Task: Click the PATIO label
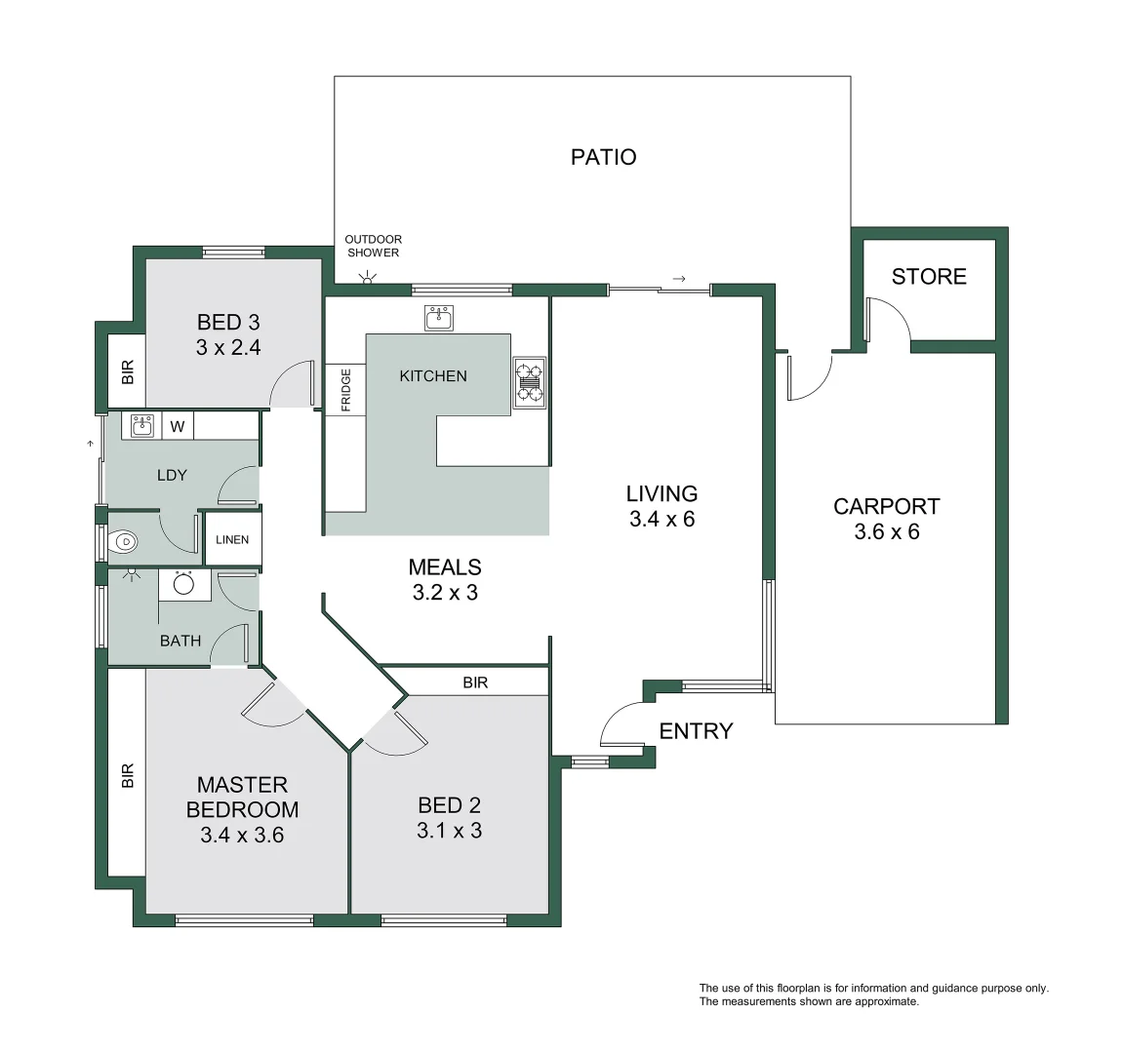(x=603, y=157)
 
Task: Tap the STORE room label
(x=928, y=277)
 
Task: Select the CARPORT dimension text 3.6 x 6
(x=886, y=532)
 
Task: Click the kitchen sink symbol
(x=439, y=317)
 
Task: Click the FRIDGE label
(x=345, y=389)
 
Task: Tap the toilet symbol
(x=125, y=541)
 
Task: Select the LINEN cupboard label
(x=232, y=540)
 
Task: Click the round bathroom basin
(x=184, y=584)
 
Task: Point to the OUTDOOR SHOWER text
(x=373, y=246)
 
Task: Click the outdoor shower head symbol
(x=367, y=279)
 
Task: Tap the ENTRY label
(x=696, y=731)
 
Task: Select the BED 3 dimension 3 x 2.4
(x=228, y=347)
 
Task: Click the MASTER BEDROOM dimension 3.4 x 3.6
(x=242, y=836)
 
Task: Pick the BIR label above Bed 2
(x=475, y=683)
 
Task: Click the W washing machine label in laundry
(x=178, y=426)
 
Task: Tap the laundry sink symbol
(x=142, y=425)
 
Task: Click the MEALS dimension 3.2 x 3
(x=445, y=593)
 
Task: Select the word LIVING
(x=662, y=493)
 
